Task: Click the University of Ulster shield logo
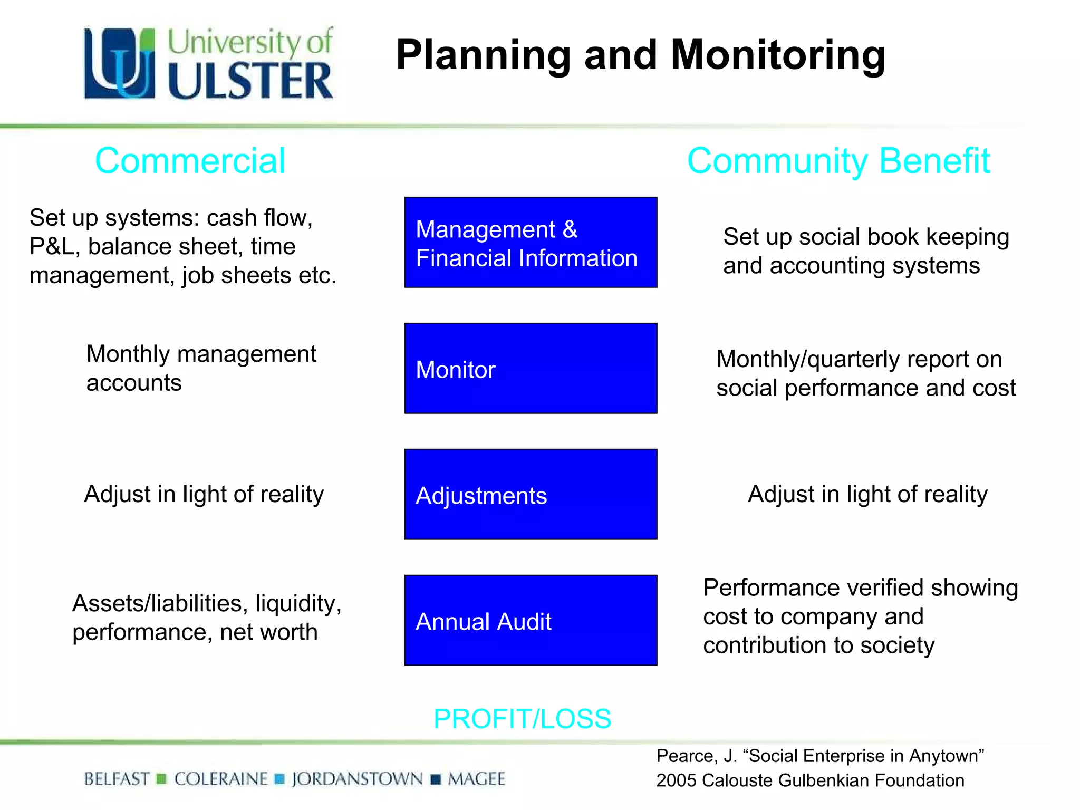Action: point(120,63)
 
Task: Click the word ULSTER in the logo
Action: point(250,81)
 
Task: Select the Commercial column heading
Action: point(190,161)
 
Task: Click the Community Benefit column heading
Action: point(838,161)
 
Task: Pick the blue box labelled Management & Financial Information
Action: point(531,243)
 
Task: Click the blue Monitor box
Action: point(531,369)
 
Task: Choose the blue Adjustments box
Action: point(531,495)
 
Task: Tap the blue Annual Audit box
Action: point(531,621)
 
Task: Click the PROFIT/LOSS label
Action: point(522,719)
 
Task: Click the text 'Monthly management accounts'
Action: point(201,368)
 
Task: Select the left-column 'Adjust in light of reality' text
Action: point(204,495)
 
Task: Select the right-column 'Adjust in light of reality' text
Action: point(867,495)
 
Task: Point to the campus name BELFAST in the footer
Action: point(117,779)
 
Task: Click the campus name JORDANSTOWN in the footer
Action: point(357,779)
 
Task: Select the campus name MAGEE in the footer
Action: point(476,779)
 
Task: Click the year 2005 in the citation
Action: point(676,780)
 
